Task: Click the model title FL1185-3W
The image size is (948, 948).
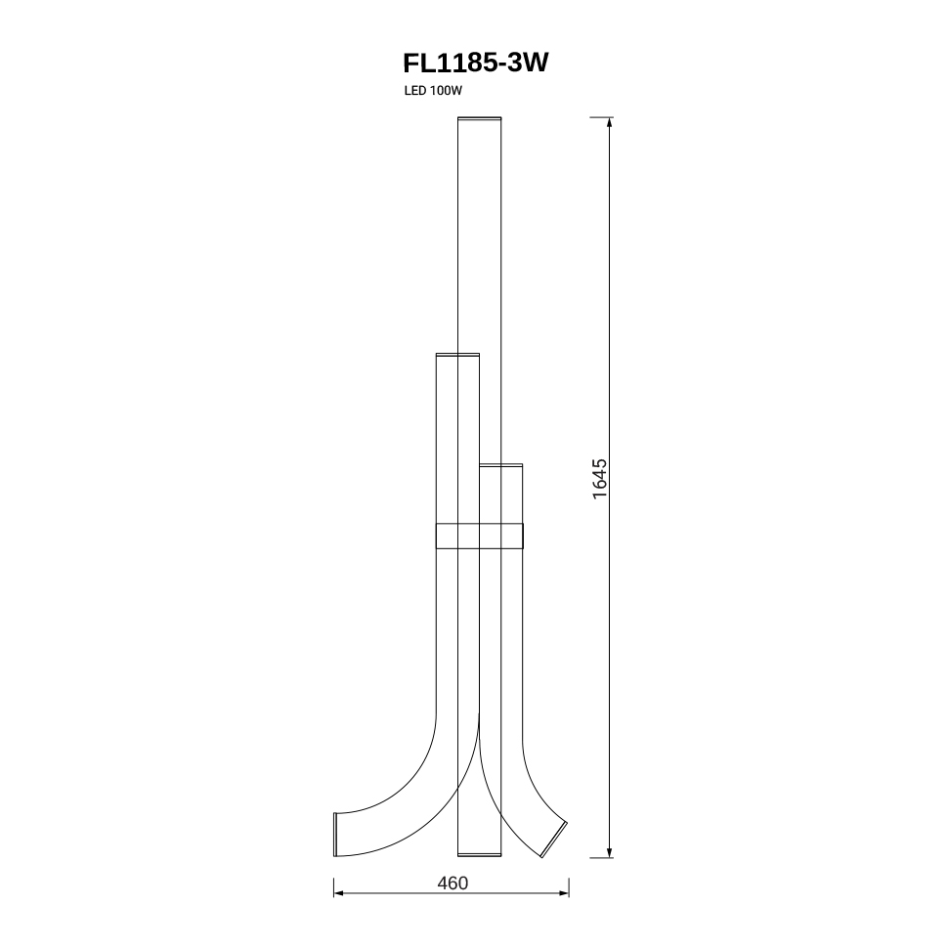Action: click(x=475, y=63)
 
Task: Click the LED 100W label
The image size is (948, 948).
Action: click(x=433, y=91)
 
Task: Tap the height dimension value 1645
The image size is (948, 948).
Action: click(x=599, y=479)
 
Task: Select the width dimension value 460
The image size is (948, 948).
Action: click(x=452, y=883)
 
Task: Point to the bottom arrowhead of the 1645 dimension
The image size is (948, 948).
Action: click(x=609, y=852)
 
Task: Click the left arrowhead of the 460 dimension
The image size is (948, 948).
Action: click(x=338, y=893)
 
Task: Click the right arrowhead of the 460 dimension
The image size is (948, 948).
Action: click(x=564, y=893)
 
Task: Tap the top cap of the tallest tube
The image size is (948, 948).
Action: click(x=480, y=118)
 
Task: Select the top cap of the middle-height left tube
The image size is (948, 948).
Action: click(x=457, y=355)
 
